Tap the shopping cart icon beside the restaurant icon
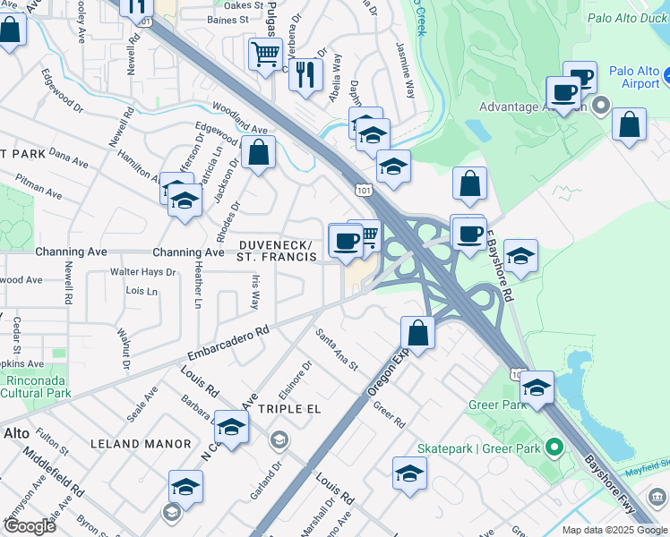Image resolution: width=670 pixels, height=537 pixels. click(x=265, y=55)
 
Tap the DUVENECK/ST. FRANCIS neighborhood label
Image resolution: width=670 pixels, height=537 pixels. click(x=277, y=251)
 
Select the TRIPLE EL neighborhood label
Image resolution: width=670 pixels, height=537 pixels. click(x=289, y=408)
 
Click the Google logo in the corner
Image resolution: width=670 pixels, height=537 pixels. click(x=29, y=526)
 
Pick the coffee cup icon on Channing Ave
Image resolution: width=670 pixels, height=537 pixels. click(x=346, y=240)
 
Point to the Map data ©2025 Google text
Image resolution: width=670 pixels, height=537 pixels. click(x=614, y=530)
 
